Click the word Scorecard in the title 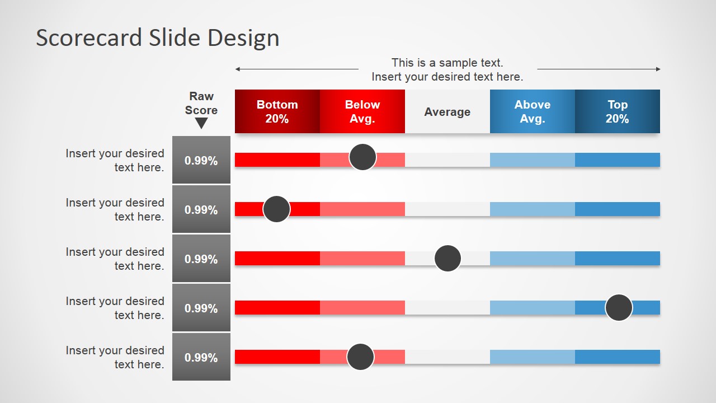89,38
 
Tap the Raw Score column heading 201,103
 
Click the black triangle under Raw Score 201,123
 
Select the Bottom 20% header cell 277,111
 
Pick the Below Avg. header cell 362,111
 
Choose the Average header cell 447,111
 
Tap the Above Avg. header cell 533,111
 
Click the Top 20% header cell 618,111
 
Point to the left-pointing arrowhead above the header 238,69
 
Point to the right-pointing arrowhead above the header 658,69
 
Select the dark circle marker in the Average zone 448,258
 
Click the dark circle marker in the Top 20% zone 619,307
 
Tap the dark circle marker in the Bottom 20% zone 276,209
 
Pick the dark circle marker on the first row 363,157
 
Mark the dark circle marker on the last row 361,357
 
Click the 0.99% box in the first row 201,160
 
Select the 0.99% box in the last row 201,357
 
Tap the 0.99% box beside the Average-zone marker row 201,258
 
